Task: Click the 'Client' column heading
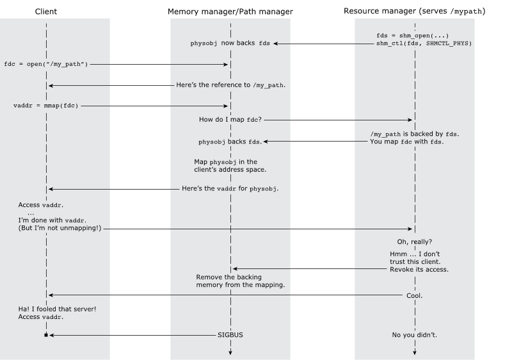pos(45,12)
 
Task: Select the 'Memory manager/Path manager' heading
pos(230,12)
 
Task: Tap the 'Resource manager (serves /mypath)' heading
pos(414,11)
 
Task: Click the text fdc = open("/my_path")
pos(46,64)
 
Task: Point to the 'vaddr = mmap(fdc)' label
pos(45,106)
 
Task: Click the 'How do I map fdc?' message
pos(230,120)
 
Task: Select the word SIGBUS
pos(230,335)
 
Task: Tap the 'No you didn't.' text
pos(414,335)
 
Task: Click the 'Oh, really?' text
pos(414,241)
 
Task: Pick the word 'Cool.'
pos(414,296)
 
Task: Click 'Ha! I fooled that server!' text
pos(57,309)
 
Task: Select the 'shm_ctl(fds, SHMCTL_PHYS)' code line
pos(424,44)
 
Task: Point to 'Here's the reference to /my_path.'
pos(231,85)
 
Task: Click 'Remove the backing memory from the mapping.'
pos(241,281)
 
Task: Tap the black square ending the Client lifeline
pos(46,335)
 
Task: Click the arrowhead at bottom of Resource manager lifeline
pos(415,352)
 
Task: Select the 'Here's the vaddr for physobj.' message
pos(230,188)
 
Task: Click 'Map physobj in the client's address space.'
pos(230,166)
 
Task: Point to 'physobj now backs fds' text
pos(230,43)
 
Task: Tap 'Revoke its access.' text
pos(419,270)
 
